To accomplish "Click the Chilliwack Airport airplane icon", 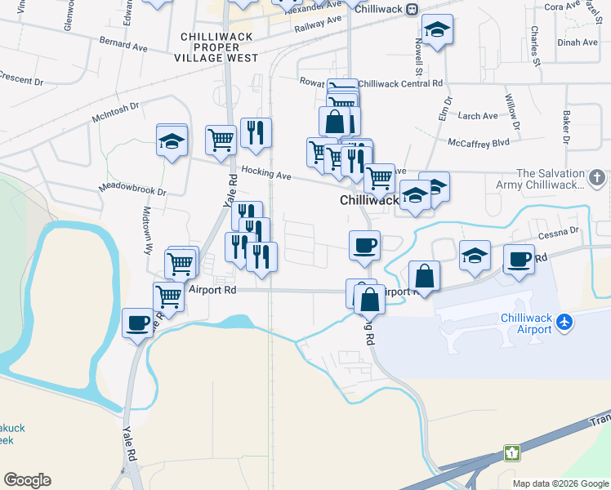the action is coord(563,323).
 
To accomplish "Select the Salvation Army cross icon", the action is coord(598,177).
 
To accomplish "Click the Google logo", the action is coord(27,480).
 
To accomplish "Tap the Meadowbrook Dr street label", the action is coord(132,189).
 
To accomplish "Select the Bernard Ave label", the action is coord(123,43).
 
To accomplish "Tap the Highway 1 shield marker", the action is coord(512,452).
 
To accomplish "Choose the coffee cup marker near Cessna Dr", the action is coord(519,260).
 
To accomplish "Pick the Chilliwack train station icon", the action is coord(413,9).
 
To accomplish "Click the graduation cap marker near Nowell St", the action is coord(438,30).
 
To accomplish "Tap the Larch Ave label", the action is coord(479,116).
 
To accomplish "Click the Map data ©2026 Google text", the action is coord(560,483).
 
